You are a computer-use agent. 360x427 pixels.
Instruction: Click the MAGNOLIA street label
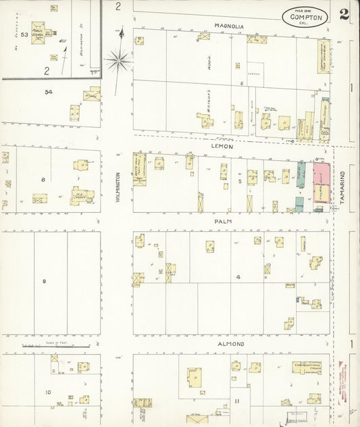coord(229,26)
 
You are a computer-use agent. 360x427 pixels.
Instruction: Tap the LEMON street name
coord(223,146)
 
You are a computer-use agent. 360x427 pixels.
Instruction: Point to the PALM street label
coord(223,220)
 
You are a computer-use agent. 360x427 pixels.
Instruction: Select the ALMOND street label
coord(230,345)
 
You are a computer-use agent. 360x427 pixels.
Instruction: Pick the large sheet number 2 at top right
coord(344,16)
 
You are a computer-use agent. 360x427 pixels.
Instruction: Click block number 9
coord(45,281)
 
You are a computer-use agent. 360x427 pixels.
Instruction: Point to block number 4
coord(238,277)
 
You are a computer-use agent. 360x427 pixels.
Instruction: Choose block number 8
coord(43,180)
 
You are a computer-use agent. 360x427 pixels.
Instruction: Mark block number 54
coord(48,91)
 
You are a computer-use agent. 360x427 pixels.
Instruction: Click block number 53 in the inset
coord(25,33)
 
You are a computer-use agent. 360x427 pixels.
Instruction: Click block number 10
coord(48,392)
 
